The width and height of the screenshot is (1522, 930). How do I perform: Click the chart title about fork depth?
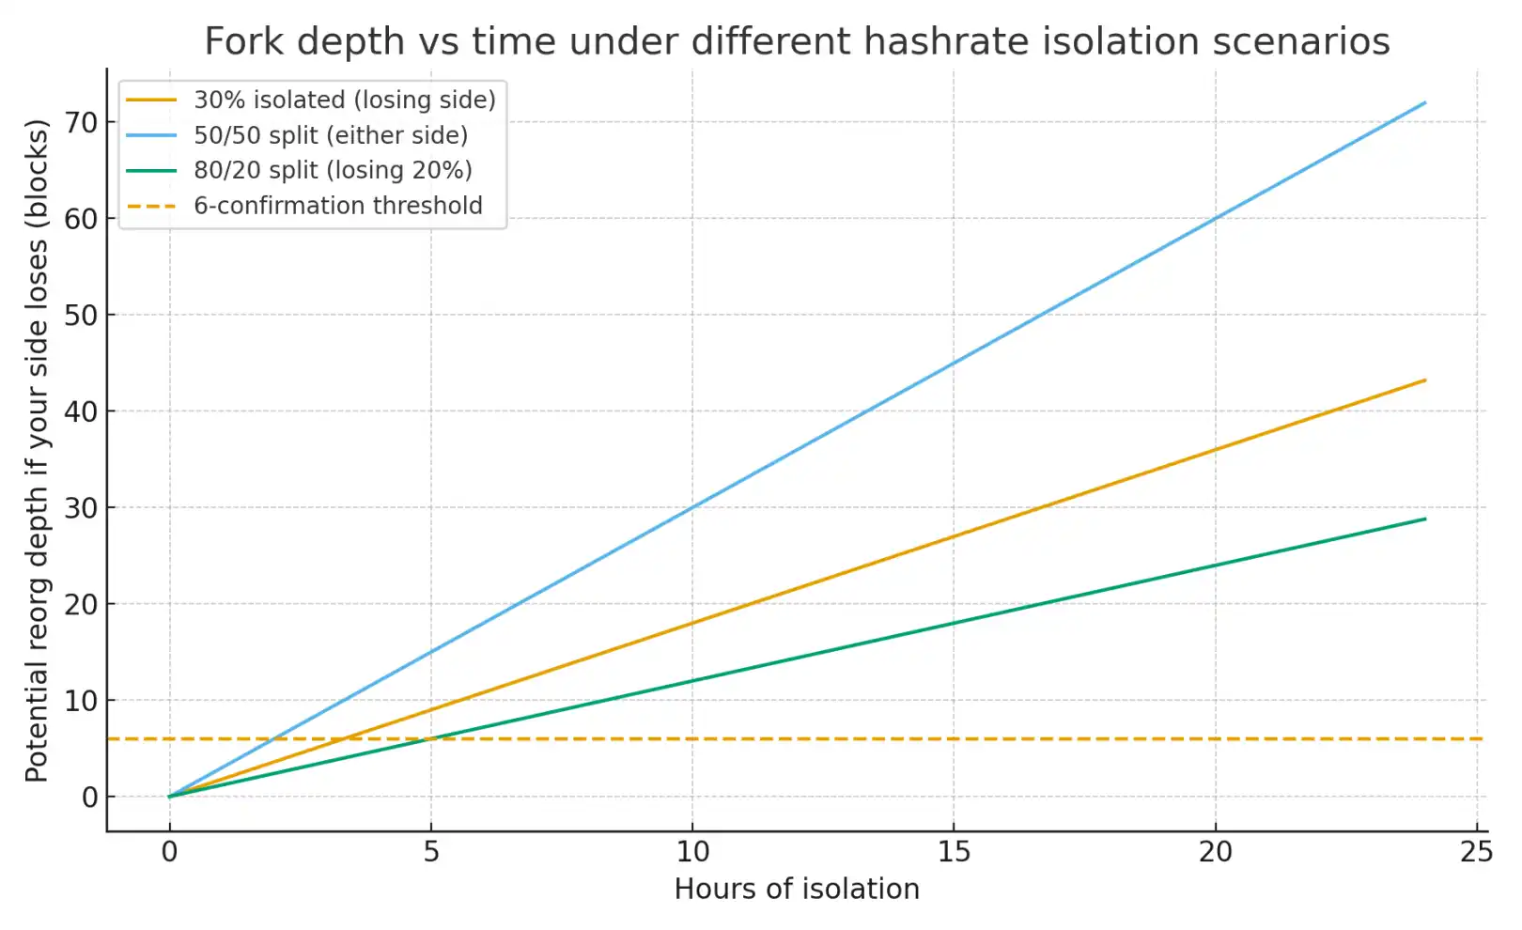click(x=797, y=42)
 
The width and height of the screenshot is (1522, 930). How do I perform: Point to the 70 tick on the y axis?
click(x=81, y=122)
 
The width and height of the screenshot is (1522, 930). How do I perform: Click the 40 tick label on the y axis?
click(x=81, y=411)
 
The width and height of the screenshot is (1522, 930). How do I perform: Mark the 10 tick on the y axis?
click(x=81, y=701)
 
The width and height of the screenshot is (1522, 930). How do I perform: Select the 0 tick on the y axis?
click(x=89, y=798)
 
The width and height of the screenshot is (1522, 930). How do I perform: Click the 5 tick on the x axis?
click(x=431, y=852)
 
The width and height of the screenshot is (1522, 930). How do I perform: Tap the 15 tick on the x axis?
click(x=954, y=852)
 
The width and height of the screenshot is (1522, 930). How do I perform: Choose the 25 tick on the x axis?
click(x=1477, y=852)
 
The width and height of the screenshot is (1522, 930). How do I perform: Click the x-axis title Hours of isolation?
click(x=797, y=889)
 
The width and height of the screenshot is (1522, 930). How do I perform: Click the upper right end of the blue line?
click(x=1425, y=102)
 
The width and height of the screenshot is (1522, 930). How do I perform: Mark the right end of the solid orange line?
click(x=1425, y=380)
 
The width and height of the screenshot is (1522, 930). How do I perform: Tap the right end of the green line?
click(x=1425, y=519)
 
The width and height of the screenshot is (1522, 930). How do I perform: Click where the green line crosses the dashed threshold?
click(x=431, y=739)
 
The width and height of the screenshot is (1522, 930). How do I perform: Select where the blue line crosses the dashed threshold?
click(x=274, y=739)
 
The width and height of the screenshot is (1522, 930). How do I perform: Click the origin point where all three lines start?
click(x=170, y=797)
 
